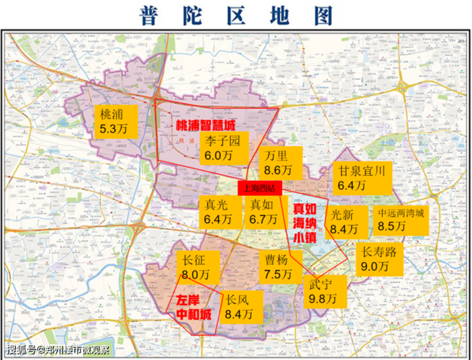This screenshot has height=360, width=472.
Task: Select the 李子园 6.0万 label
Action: click(x=223, y=147)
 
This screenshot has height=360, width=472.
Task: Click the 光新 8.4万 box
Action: click(x=343, y=222)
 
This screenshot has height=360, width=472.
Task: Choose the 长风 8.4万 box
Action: click(x=239, y=307)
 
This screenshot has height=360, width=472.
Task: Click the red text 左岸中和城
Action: click(x=192, y=307)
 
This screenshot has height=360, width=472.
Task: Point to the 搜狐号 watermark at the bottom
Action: click(x=58, y=351)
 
